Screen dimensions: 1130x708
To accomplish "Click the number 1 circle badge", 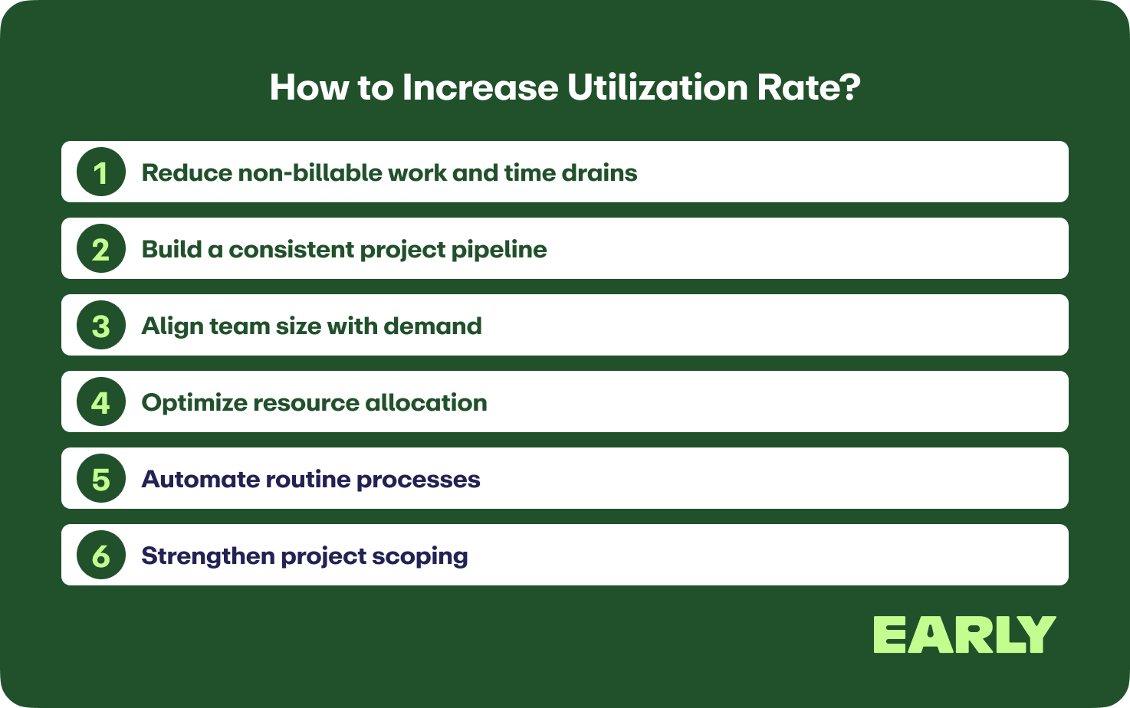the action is (x=101, y=172).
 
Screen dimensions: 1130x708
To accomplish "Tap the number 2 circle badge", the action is (x=101, y=248).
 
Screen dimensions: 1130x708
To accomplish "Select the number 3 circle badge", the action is (x=101, y=325).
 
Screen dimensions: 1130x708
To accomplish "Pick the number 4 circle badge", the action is (x=101, y=402).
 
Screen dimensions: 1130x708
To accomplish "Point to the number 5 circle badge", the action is (x=101, y=479).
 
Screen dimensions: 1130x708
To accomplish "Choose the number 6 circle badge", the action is (x=101, y=556).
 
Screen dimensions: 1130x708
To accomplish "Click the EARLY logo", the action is (x=964, y=634).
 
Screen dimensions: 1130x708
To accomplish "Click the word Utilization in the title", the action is (x=657, y=87).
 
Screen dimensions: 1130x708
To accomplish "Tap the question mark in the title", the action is (x=851, y=87).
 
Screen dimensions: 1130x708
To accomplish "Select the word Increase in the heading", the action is (x=480, y=87).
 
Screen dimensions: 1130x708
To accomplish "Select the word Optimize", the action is (x=193, y=403).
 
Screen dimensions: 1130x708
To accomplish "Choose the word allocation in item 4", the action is (x=425, y=402).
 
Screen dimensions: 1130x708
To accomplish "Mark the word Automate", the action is (x=200, y=479).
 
